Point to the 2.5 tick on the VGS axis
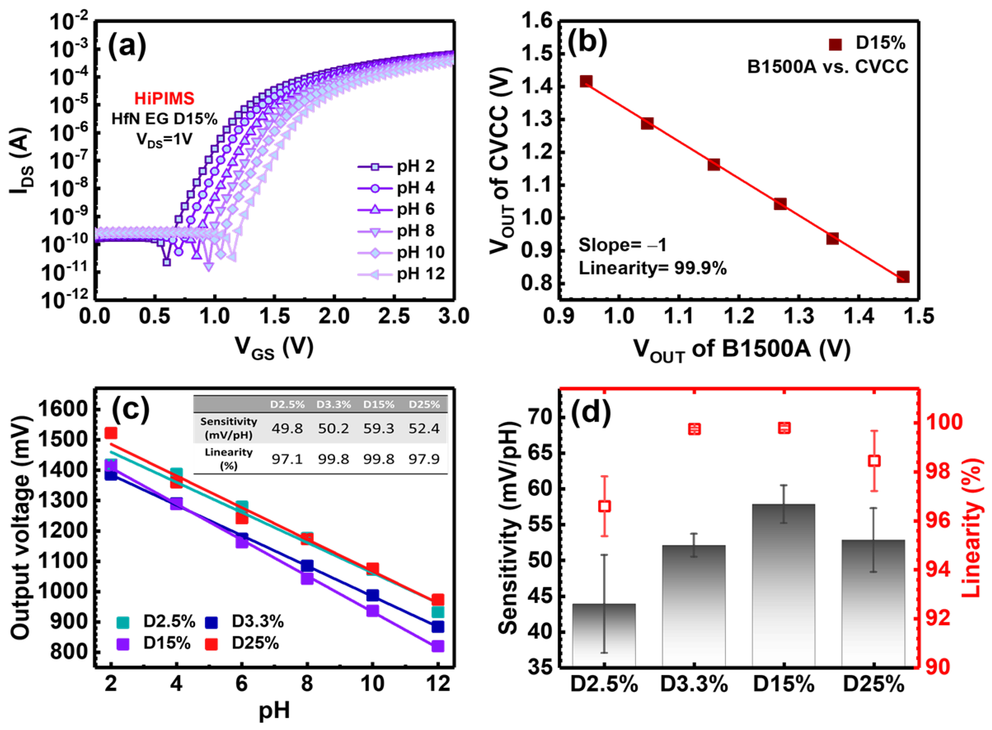pyautogui.click(x=394, y=317)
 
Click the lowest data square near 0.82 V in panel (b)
pyautogui.click(x=903, y=277)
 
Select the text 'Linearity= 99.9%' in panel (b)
pyautogui.click(x=653, y=268)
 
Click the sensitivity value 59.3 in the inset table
pyautogui.click(x=379, y=428)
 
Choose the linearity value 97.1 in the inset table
pyautogui.click(x=287, y=459)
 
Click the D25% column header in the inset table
pyautogui.click(x=424, y=404)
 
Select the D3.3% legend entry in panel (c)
pyautogui.click(x=244, y=622)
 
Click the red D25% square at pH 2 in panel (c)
pyautogui.click(x=111, y=433)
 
